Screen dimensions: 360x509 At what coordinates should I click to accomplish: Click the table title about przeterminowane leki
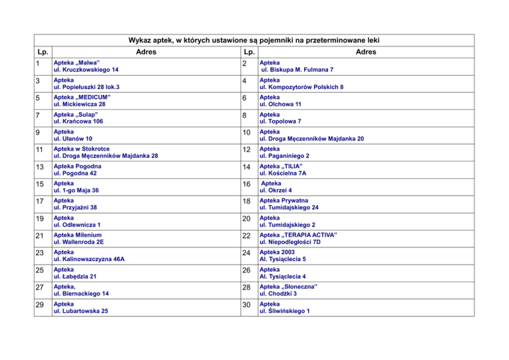pyautogui.click(x=254, y=40)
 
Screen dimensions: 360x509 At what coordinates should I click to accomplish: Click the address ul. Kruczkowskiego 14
pyautogui.click(x=86, y=70)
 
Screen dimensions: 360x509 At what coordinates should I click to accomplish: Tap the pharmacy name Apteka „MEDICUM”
pyautogui.click(x=82, y=97)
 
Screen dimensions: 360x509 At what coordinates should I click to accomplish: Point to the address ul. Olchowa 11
pyautogui.click(x=280, y=104)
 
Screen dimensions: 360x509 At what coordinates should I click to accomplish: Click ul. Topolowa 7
pyautogui.click(x=281, y=122)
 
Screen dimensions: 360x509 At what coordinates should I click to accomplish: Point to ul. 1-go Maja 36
pyautogui.click(x=77, y=191)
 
